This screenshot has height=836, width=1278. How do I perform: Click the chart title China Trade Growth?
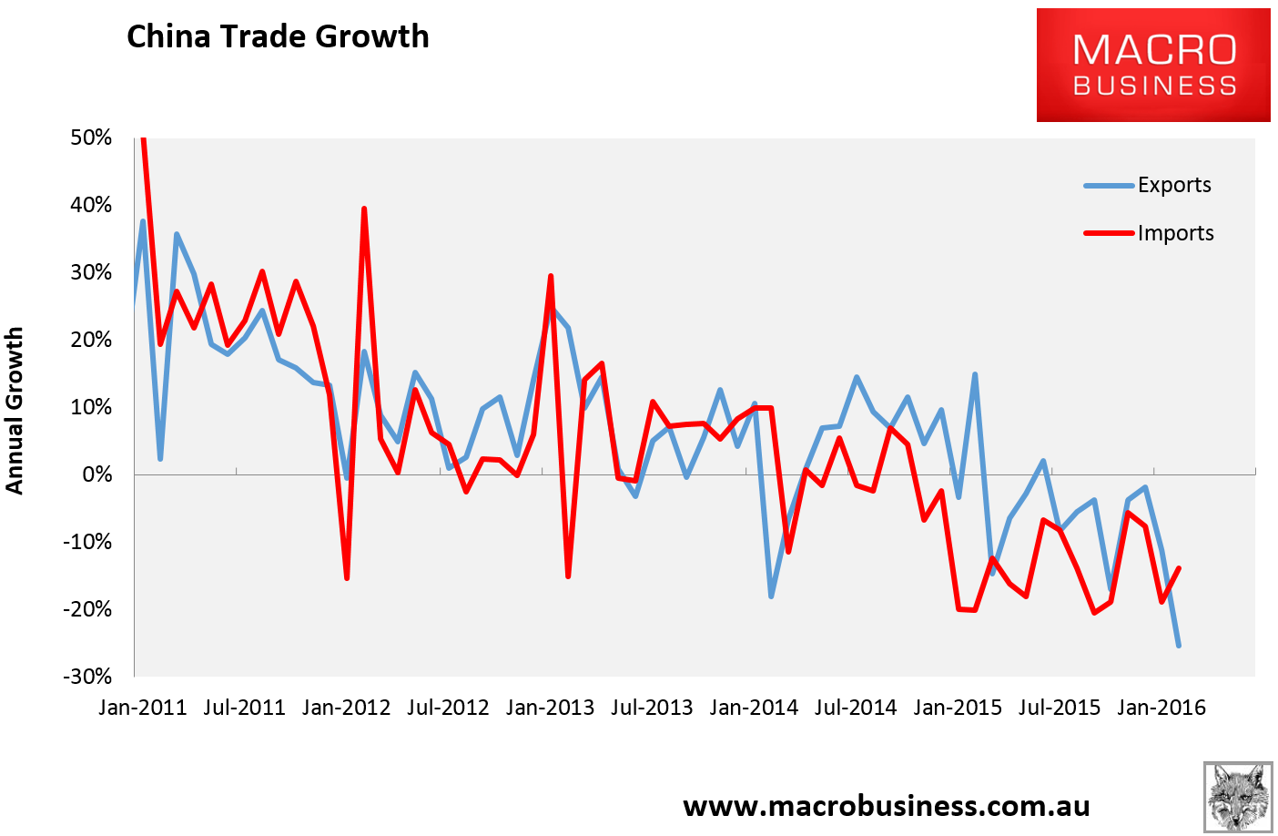pyautogui.click(x=278, y=37)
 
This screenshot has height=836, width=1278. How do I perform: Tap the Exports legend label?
pyautogui.click(x=1174, y=185)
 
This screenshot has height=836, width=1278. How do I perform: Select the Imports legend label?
pyautogui.click(x=1175, y=233)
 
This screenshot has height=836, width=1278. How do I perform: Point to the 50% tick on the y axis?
pyautogui.click(x=91, y=138)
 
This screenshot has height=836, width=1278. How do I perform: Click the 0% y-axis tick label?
pyautogui.click(x=97, y=474)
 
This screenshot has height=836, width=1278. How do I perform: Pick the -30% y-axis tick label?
pyautogui.click(x=87, y=677)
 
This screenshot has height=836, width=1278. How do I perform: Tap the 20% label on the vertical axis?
pyautogui.click(x=91, y=340)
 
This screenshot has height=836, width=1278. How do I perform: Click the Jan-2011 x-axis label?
pyautogui.click(x=143, y=708)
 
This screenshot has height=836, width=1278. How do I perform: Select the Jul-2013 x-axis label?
pyautogui.click(x=652, y=708)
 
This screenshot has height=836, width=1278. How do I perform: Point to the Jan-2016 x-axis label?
pyautogui.click(x=1161, y=708)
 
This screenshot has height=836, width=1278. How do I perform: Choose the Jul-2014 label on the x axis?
pyautogui.click(x=856, y=708)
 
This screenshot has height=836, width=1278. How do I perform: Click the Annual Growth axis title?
pyautogui.click(x=14, y=411)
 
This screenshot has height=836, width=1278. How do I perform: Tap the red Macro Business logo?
pyautogui.click(x=1153, y=65)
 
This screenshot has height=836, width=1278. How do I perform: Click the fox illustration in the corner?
pyautogui.click(x=1238, y=797)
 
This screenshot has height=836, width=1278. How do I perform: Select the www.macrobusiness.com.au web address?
pyautogui.click(x=887, y=806)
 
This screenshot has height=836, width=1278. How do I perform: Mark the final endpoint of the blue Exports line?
pyautogui.click(x=1179, y=646)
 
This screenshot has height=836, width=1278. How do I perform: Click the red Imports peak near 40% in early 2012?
pyautogui.click(x=364, y=209)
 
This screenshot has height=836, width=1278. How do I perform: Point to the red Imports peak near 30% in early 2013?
pyautogui.click(x=551, y=276)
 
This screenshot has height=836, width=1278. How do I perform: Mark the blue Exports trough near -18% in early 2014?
pyautogui.click(x=771, y=596)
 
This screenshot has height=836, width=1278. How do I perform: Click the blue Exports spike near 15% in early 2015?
pyautogui.click(x=975, y=374)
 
